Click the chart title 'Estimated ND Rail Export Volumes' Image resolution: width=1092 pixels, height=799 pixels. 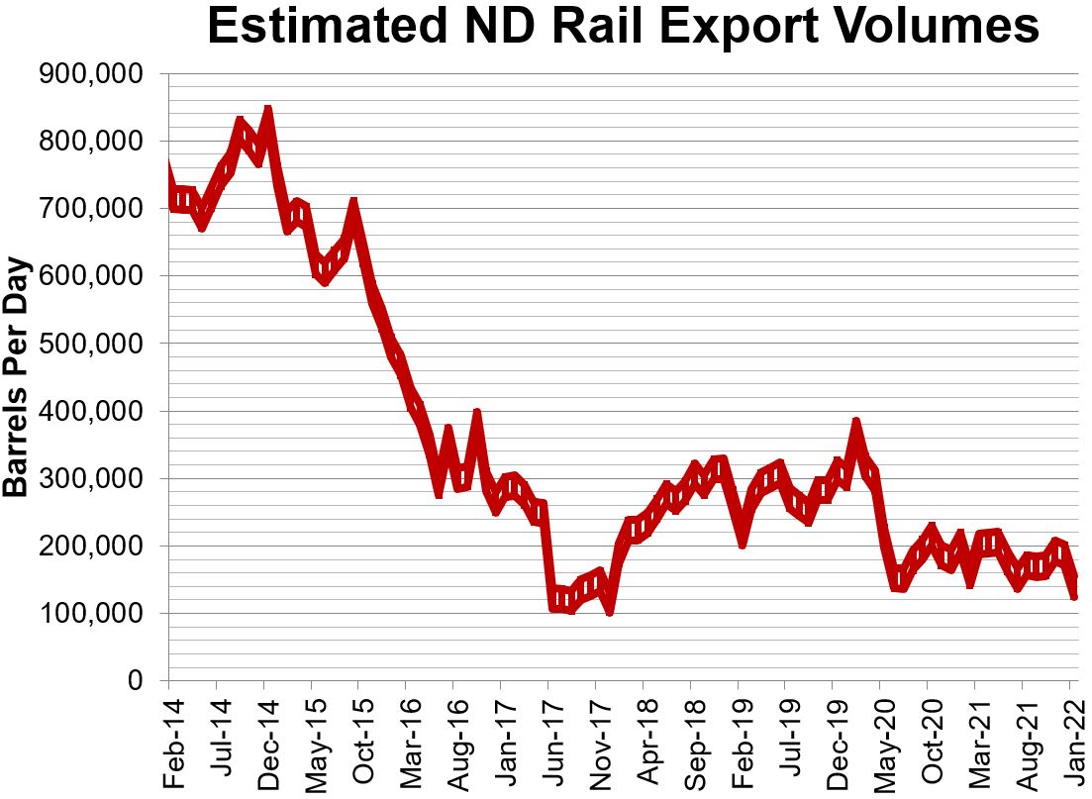point(623,28)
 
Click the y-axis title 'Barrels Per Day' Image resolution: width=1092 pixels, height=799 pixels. point(17,377)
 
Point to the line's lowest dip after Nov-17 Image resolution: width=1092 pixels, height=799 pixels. point(610,610)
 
